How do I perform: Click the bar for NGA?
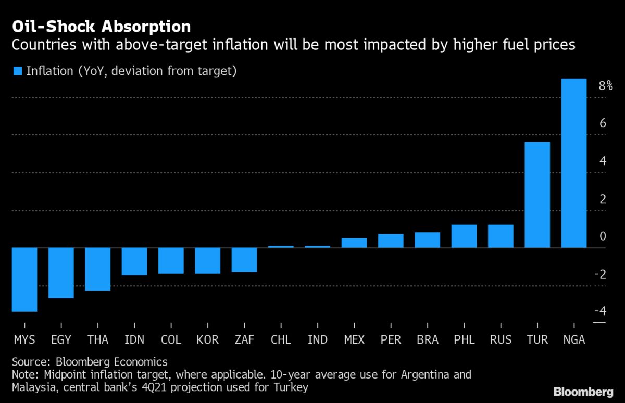(x=574, y=163)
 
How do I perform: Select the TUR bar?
(x=537, y=195)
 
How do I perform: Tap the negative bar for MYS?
(x=24, y=280)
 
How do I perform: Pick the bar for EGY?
(x=61, y=273)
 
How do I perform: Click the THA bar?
(x=97, y=269)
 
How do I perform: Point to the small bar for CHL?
(x=281, y=246)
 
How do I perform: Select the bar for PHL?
(x=464, y=236)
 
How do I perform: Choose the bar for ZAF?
(x=244, y=260)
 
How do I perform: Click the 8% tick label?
(x=605, y=86)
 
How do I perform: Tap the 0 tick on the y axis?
(x=603, y=236)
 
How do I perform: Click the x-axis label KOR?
(x=207, y=340)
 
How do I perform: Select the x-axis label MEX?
(x=354, y=340)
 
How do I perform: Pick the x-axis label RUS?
(x=501, y=340)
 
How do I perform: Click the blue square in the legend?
(x=17, y=71)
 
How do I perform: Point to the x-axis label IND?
(x=317, y=340)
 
